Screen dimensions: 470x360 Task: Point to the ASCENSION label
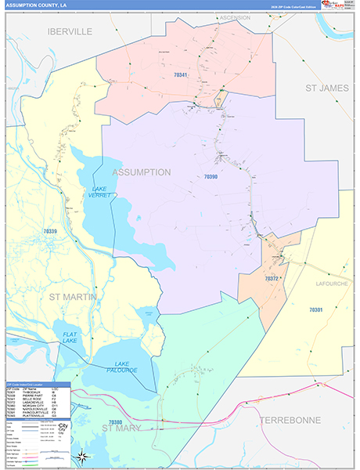235,16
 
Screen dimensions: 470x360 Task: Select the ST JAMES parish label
326,88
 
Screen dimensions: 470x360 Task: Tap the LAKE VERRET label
99,192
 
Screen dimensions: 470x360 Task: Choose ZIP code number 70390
211,177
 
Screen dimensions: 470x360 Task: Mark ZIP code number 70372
272,278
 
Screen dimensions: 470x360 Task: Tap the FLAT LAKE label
70,338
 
